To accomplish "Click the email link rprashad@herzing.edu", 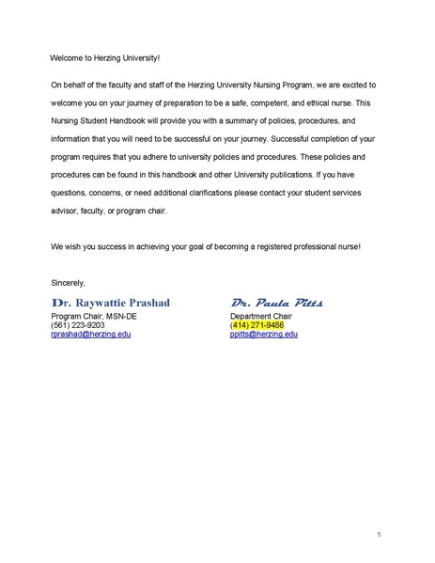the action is click(91, 334).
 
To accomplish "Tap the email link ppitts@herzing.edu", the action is click(264, 334).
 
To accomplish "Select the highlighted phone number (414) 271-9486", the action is click(256, 325).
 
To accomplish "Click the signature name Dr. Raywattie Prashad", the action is click(117, 304).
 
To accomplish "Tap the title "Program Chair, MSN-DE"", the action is click(95, 317).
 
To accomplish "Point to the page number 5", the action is click(379, 535).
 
